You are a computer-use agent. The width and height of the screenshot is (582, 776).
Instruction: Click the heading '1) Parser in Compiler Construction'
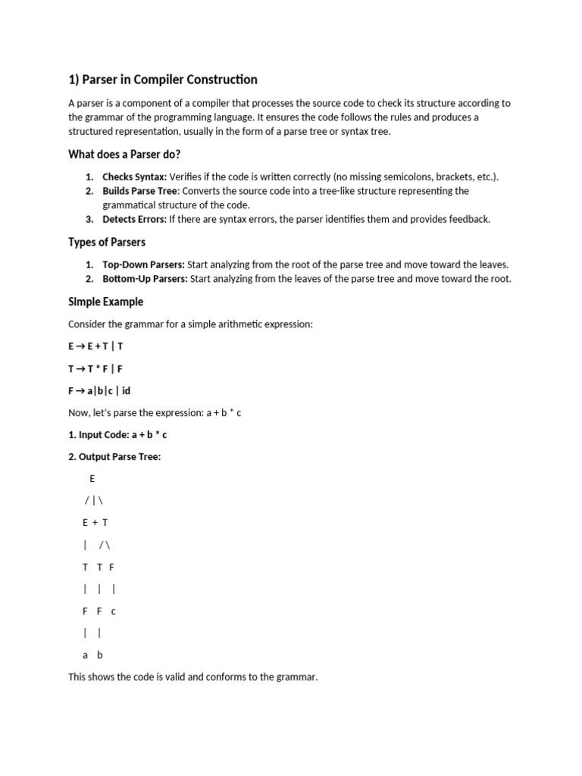tap(163, 80)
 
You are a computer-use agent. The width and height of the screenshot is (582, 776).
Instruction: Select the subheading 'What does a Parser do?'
tap(124, 155)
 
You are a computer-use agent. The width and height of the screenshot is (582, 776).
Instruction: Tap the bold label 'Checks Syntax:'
tap(134, 177)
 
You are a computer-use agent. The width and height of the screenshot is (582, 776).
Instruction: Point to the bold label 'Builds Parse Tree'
tap(140, 191)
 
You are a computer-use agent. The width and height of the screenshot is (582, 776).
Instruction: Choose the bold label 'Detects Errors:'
tap(134, 220)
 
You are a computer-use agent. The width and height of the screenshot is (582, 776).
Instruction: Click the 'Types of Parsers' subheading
tap(107, 242)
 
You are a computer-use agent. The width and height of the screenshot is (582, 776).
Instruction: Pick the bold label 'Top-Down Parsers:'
tap(143, 264)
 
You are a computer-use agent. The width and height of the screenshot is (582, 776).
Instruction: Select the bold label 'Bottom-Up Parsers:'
tap(145, 279)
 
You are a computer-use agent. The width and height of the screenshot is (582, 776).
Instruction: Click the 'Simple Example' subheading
tap(105, 302)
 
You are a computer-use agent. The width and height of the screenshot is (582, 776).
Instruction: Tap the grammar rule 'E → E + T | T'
tap(95, 346)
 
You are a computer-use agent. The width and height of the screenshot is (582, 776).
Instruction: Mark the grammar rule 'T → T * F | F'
tap(95, 368)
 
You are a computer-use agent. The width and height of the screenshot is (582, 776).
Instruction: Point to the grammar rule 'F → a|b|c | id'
tap(99, 391)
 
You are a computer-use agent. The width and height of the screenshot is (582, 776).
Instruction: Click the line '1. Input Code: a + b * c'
tap(117, 435)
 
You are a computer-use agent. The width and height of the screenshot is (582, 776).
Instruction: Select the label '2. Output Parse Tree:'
tap(114, 457)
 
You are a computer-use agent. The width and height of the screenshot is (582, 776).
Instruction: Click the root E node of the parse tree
tap(92, 479)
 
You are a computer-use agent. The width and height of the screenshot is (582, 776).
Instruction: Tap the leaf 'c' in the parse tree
tap(113, 611)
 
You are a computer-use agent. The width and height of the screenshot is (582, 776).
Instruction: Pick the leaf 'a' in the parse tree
tap(86, 655)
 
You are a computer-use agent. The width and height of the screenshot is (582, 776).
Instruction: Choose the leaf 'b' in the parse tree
tap(99, 655)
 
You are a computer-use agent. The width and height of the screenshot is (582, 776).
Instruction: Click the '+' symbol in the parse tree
tap(94, 523)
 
